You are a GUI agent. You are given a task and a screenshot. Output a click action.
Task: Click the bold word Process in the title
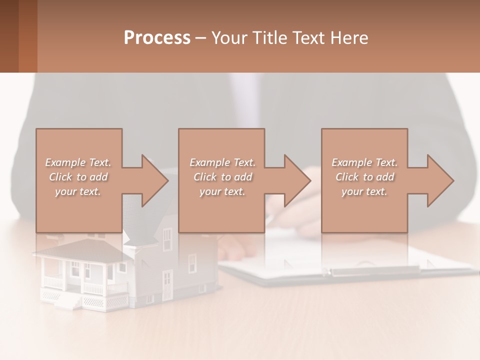click(157, 38)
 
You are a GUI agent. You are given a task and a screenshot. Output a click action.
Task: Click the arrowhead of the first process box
click(154, 181)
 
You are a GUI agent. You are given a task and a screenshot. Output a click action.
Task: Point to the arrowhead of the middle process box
click(297, 181)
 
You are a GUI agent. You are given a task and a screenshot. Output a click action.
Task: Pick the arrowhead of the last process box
click(440, 181)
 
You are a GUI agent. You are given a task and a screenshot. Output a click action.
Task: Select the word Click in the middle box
click(204, 177)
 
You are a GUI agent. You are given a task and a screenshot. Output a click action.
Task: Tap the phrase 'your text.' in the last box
click(364, 191)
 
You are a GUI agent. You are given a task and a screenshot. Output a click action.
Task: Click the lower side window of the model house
click(192, 263)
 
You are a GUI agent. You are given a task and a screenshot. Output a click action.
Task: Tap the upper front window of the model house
click(167, 235)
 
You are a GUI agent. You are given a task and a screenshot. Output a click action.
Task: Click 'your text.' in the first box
click(78, 191)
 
